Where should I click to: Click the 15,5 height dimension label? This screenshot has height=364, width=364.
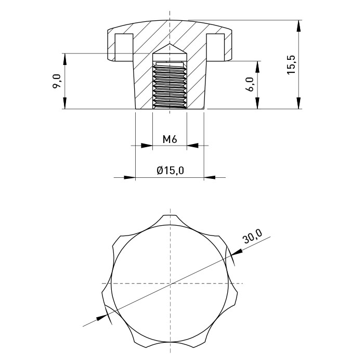(x=291, y=65)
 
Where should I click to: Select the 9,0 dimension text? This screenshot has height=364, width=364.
(x=57, y=81)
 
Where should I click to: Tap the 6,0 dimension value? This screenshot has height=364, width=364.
(x=250, y=84)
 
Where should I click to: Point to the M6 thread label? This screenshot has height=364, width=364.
(x=170, y=139)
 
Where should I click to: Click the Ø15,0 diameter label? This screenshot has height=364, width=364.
(x=170, y=171)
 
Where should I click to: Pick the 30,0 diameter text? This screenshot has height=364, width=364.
(x=252, y=236)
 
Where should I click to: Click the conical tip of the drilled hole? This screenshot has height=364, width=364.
(x=170, y=44)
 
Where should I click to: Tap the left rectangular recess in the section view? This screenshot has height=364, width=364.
(x=124, y=47)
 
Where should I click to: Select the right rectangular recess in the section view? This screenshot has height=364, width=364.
(x=215, y=47)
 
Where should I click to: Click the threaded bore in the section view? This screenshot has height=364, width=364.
(x=170, y=85)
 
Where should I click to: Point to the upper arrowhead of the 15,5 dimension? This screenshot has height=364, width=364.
(x=298, y=26)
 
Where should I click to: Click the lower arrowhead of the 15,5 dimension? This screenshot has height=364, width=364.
(x=298, y=103)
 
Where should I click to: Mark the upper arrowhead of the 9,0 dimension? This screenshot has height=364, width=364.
(x=65, y=59)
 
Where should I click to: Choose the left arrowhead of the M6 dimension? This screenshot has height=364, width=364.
(x=147, y=146)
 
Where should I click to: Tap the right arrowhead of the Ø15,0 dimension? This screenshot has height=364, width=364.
(x=210, y=178)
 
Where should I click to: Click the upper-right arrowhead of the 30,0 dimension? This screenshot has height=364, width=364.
(x=237, y=253)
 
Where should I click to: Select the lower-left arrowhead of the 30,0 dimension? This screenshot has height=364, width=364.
(x=102, y=317)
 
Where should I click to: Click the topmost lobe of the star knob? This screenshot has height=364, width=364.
(x=170, y=219)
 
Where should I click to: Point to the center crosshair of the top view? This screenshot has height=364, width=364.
(x=170, y=283)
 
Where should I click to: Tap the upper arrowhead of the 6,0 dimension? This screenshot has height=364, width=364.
(x=257, y=67)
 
